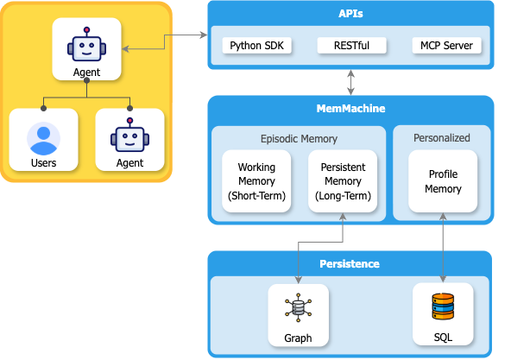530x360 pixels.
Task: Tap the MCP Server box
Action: pyautogui.click(x=446, y=45)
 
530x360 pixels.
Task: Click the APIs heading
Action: pyautogui.click(x=350, y=15)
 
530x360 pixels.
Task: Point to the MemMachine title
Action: pyautogui.click(x=350, y=109)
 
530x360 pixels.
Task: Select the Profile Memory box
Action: pyautogui.click(x=443, y=181)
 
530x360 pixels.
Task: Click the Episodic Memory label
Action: pyautogui.click(x=299, y=137)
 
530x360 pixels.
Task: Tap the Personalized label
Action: pyautogui.click(x=442, y=137)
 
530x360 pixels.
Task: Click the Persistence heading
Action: pyautogui.click(x=350, y=263)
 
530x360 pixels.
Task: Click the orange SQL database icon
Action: pyautogui.click(x=443, y=306)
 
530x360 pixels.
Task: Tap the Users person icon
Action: pyautogui.click(x=43, y=138)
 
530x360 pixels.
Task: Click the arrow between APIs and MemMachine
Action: pyautogui.click(x=350, y=81)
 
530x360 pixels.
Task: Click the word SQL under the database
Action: pyautogui.click(x=443, y=338)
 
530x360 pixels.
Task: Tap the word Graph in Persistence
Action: pyautogui.click(x=298, y=338)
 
